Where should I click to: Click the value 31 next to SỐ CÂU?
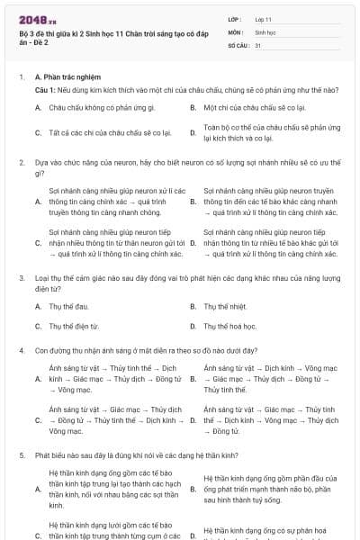(x=258, y=44)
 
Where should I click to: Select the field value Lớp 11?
(x=263, y=18)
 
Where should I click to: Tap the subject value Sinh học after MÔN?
(x=265, y=31)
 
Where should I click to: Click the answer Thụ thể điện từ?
(x=71, y=325)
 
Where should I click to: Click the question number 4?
(x=22, y=349)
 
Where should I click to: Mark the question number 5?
(x=22, y=455)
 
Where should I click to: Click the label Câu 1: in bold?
(x=45, y=91)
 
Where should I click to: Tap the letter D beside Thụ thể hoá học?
(x=193, y=325)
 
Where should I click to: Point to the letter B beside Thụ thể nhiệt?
(x=193, y=307)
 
